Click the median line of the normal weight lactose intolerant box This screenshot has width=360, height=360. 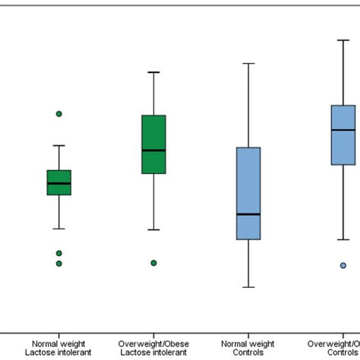click(x=58, y=183)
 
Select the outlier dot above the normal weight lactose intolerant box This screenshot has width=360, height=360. click(x=58, y=114)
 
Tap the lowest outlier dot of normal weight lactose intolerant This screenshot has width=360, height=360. click(x=58, y=264)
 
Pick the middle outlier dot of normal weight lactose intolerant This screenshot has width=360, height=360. click(x=58, y=253)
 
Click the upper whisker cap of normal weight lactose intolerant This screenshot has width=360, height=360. click(x=58, y=145)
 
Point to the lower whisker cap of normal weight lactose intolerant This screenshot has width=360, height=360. click(x=58, y=228)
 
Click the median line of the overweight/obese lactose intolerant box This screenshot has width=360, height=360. click(x=153, y=150)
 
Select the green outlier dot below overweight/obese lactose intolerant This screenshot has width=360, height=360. click(x=153, y=263)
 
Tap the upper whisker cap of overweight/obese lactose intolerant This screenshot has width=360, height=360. click(x=153, y=72)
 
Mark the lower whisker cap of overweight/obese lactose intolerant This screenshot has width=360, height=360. click(x=153, y=229)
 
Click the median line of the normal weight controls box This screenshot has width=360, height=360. click(x=248, y=214)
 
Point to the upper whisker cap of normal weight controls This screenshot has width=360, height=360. click(x=248, y=64)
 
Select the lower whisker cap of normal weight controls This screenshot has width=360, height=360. click(x=248, y=287)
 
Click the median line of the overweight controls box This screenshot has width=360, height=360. click(x=343, y=131)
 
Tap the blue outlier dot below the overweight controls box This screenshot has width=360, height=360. click(x=343, y=265)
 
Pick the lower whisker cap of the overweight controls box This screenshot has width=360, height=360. click(x=343, y=239)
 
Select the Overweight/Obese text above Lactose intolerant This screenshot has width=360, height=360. click(x=153, y=343)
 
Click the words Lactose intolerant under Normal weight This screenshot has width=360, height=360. click(x=58, y=352)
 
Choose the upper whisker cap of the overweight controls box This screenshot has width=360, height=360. click(x=343, y=39)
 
